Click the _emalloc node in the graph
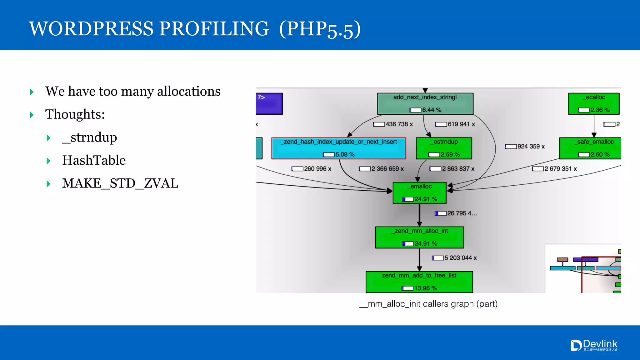click(x=419, y=192)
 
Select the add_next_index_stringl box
click(x=425, y=103)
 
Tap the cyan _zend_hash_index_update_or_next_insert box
click(x=338, y=148)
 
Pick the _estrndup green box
click(x=444, y=148)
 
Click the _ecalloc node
click(x=593, y=103)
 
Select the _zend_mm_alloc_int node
click(x=419, y=237)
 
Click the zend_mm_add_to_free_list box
click(x=419, y=282)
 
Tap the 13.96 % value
click(x=425, y=288)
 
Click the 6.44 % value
click(x=432, y=110)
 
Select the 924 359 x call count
click(x=531, y=147)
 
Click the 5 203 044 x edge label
click(x=460, y=258)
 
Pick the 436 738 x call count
click(x=399, y=124)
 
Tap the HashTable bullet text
click(x=94, y=160)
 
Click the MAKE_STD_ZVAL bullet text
click(x=120, y=183)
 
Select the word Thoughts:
click(x=75, y=114)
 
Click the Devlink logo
click(x=594, y=345)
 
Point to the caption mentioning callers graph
click(x=428, y=304)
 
